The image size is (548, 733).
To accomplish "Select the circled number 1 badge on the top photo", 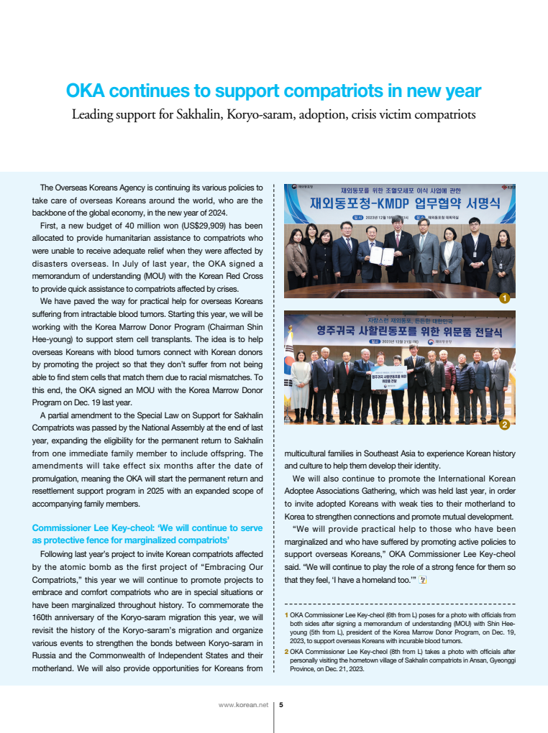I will click(x=505, y=298).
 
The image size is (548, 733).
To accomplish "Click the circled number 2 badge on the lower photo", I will click(x=505, y=425).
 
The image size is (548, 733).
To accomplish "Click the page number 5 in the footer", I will click(x=281, y=705).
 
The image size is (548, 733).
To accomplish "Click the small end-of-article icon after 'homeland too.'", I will click(x=424, y=579).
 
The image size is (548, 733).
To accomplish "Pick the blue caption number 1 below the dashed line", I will click(x=286, y=615).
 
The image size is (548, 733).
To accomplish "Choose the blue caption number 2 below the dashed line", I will click(x=286, y=651).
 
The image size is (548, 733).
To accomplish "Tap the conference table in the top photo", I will click(x=400, y=289).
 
